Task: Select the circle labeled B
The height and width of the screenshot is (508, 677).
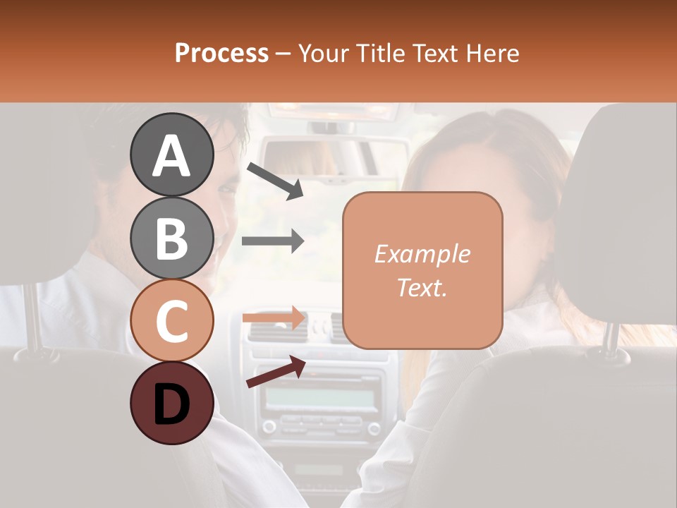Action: tap(172, 238)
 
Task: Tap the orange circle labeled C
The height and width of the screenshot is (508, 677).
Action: tap(172, 320)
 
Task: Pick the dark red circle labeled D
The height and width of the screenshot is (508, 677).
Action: tap(172, 403)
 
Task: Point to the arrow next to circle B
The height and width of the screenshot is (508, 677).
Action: tap(273, 241)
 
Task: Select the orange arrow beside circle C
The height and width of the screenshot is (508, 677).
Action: tap(274, 317)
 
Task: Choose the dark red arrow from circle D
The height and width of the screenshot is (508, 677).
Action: tap(275, 372)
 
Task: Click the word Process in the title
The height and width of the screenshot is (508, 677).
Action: tap(221, 53)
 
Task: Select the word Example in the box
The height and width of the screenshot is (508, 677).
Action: tap(422, 254)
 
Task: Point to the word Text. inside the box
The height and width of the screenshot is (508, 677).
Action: tap(422, 287)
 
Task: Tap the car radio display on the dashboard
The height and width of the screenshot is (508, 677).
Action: tap(319, 398)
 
